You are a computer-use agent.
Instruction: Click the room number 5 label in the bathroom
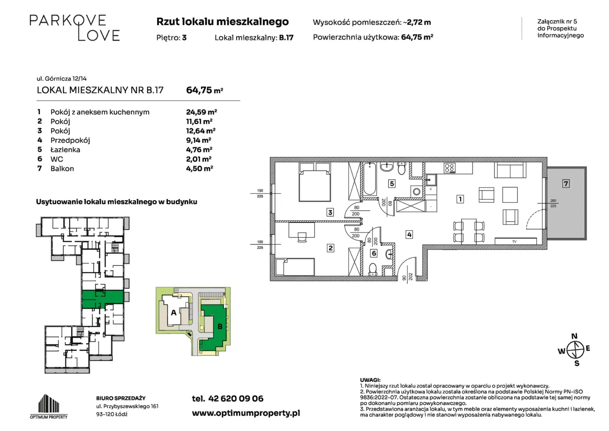[392, 184]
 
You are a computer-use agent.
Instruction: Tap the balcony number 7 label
[566, 184]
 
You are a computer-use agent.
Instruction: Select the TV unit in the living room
[515, 241]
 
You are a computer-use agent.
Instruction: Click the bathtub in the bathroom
[369, 179]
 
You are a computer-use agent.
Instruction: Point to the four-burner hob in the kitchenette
[449, 168]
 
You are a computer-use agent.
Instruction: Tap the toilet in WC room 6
[373, 269]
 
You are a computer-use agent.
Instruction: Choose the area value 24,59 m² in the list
[201, 112]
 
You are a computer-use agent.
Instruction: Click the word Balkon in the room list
[62, 169]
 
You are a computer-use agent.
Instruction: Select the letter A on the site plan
[173, 312]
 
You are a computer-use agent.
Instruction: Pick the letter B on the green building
[220, 326]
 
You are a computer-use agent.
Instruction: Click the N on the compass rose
[574, 336]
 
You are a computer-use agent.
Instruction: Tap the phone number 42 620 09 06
[236, 399]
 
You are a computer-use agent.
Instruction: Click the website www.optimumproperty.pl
[246, 413]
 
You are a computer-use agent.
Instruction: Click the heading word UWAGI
[370, 380]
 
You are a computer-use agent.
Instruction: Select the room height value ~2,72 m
[417, 22]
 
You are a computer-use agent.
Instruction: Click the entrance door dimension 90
[404, 278]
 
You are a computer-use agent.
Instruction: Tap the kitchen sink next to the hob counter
[431, 180]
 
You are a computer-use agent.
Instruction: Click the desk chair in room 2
[302, 237]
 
